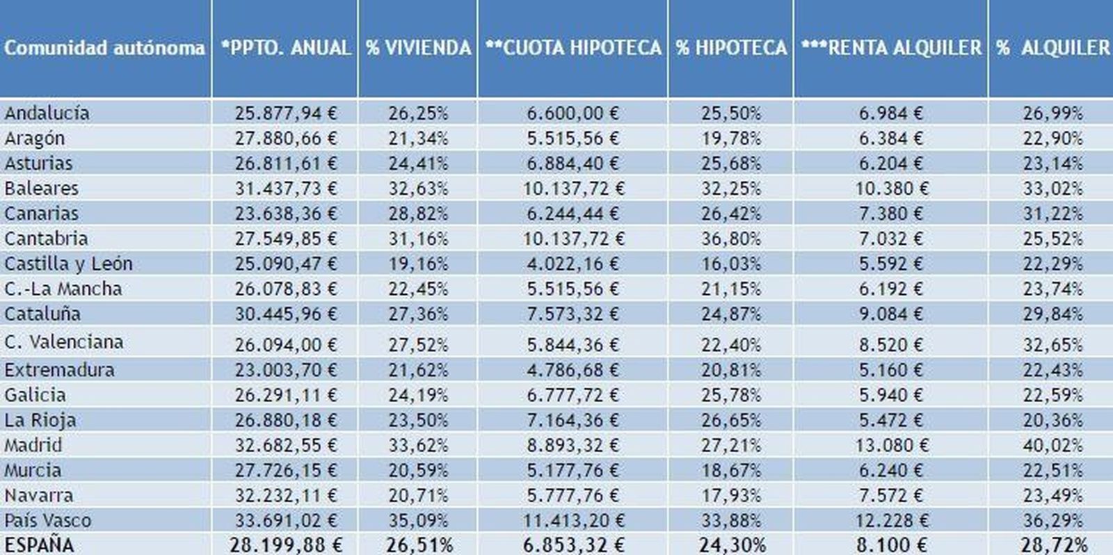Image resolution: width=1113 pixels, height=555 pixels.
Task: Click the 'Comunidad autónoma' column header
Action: pos(104,47)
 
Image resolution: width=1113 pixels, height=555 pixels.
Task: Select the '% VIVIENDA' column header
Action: pos(418,47)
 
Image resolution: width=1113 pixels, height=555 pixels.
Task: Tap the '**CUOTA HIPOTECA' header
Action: pos(572,47)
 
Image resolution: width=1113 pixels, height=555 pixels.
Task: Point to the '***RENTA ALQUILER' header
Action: pos(890,47)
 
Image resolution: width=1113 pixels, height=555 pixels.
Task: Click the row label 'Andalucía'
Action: pos(47,113)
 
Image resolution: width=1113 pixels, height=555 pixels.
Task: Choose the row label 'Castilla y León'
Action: pos(68,264)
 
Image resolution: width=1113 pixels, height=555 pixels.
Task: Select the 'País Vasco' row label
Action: pos(47,520)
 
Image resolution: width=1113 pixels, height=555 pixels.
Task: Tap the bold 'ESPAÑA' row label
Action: pos(39,545)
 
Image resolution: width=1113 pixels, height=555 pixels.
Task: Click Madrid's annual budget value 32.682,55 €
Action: pos(285,445)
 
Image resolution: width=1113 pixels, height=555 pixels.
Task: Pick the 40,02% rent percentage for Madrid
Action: pos(1052,445)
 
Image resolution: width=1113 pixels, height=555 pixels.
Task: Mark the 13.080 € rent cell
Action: pos(891,445)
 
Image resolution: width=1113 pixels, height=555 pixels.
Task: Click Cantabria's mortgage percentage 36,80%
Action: pos(730,239)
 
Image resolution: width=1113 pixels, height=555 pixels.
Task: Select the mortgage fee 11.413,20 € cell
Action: pos(573,520)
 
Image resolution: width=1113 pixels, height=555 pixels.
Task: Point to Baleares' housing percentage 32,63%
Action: pos(418,188)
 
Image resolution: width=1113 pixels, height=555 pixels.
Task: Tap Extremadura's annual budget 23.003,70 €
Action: pos(285,370)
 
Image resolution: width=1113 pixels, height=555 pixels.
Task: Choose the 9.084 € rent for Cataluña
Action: pos(890,314)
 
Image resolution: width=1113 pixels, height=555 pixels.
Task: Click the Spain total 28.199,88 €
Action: pos(285,545)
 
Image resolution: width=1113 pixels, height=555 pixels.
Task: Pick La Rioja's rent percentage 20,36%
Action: pos(1052,420)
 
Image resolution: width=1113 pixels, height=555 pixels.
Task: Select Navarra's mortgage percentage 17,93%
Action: pos(730,495)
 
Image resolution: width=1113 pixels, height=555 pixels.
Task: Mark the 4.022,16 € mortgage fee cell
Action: pos(572,264)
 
